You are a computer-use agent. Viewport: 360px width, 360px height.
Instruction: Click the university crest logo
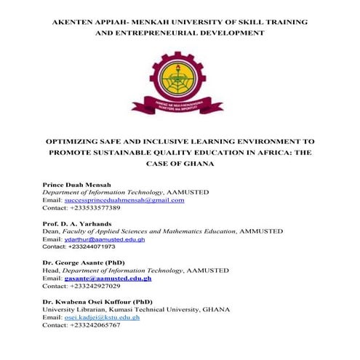tap(179, 82)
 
